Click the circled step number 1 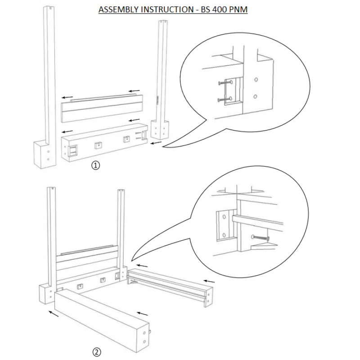click(95, 165)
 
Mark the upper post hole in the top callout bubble click(256, 80)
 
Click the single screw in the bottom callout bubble click(260, 238)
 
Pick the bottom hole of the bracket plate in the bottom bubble click(223, 234)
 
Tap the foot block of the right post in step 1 click(161, 130)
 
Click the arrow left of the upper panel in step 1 click(68, 97)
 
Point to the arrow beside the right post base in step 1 click(156, 144)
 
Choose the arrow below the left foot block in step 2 click(54, 313)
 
